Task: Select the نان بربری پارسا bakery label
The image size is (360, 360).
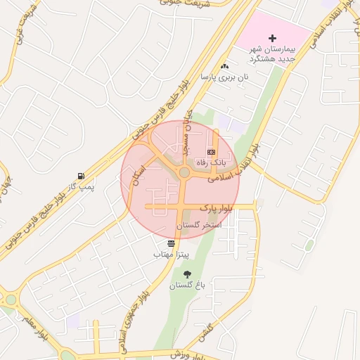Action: (x=225, y=77)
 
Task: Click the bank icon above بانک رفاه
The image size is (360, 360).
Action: (x=211, y=152)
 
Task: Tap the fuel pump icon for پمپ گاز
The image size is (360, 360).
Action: (x=83, y=176)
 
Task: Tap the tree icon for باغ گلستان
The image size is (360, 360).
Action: (x=186, y=274)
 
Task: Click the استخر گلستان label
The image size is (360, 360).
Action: (x=198, y=225)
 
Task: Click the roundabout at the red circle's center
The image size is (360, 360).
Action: (x=184, y=172)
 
